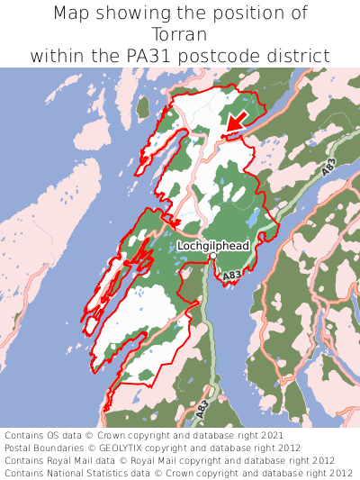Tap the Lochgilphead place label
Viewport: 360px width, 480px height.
point(213,245)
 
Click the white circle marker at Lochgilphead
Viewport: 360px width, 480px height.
point(212,258)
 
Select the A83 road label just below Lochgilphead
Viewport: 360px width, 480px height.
point(231,275)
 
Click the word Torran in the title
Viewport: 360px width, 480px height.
point(180,34)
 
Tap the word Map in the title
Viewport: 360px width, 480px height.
point(73,14)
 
